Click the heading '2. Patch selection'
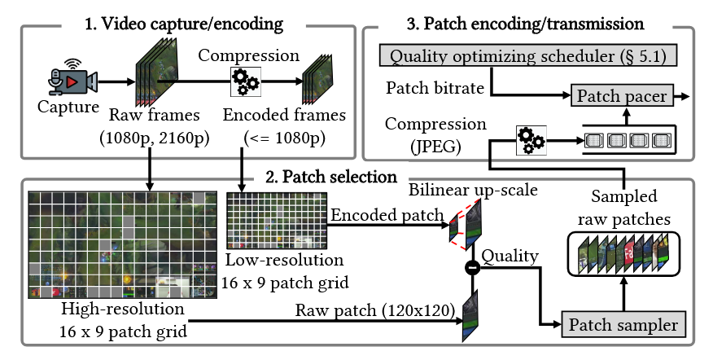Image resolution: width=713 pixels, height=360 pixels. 331,176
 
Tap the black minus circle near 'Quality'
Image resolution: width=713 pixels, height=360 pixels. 470,266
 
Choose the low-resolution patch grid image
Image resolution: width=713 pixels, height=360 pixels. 277,220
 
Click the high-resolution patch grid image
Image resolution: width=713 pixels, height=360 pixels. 122,244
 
